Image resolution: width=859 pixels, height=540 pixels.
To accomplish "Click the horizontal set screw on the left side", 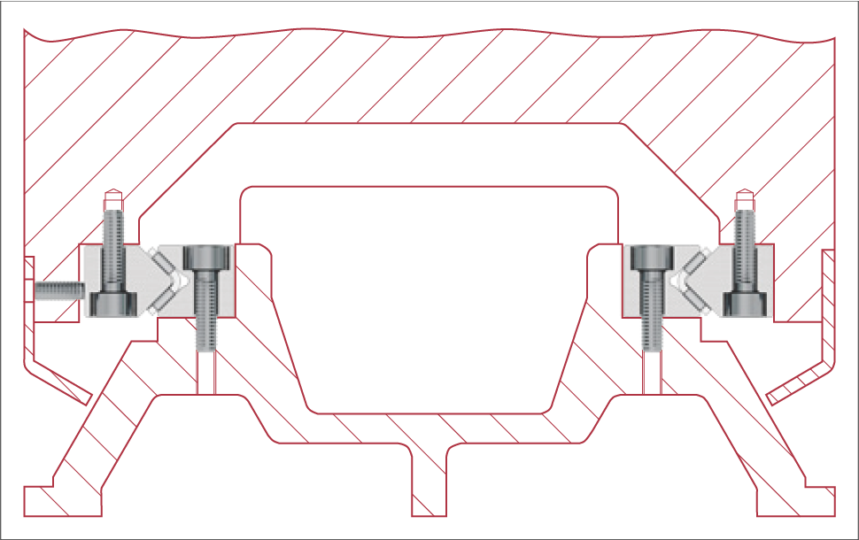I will point(58,289).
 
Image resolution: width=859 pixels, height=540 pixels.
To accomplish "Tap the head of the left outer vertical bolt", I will point(114,303).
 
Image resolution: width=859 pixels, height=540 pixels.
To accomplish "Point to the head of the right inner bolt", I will point(651,258).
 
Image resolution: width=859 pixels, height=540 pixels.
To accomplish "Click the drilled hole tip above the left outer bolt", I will point(113,197).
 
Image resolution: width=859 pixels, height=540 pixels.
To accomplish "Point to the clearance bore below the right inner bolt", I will point(651,372).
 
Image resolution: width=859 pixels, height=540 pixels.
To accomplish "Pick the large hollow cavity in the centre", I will point(429,292).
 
